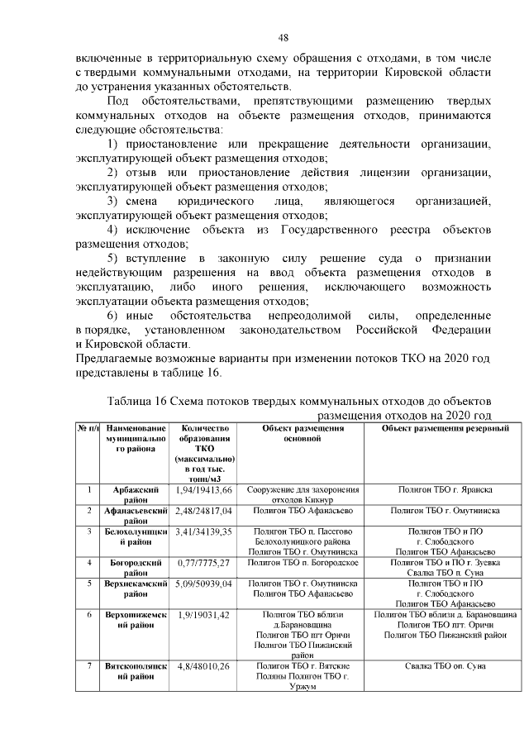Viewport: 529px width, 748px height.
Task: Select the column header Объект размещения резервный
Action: pyautogui.click(x=445, y=428)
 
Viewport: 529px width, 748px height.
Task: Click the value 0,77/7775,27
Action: pyautogui.click(x=203, y=562)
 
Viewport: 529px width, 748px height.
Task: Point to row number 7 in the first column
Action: pyautogui.click(x=88, y=665)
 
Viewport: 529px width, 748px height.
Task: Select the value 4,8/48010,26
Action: pyautogui.click(x=203, y=665)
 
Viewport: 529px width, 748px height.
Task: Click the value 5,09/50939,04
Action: pyautogui.click(x=203, y=583)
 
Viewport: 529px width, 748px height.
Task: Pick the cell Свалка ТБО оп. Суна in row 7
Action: pyautogui.click(x=445, y=665)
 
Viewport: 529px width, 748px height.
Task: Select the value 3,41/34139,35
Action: pyautogui.click(x=203, y=531)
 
